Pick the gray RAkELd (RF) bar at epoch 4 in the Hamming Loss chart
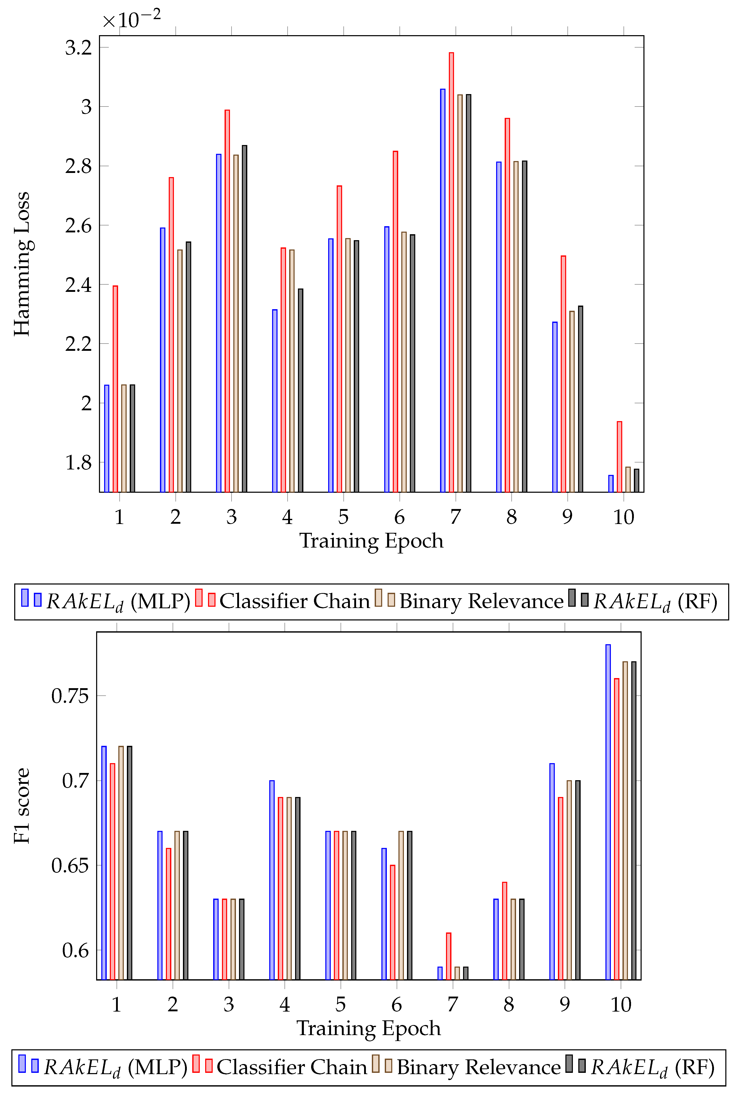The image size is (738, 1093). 300,390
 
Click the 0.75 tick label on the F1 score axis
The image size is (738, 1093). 70,696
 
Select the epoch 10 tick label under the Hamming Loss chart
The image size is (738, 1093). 623,517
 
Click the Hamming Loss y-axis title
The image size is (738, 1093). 22,263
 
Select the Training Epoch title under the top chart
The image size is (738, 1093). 371,541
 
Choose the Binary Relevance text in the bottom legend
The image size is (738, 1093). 479,1067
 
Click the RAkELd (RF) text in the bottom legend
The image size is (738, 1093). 652,1067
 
